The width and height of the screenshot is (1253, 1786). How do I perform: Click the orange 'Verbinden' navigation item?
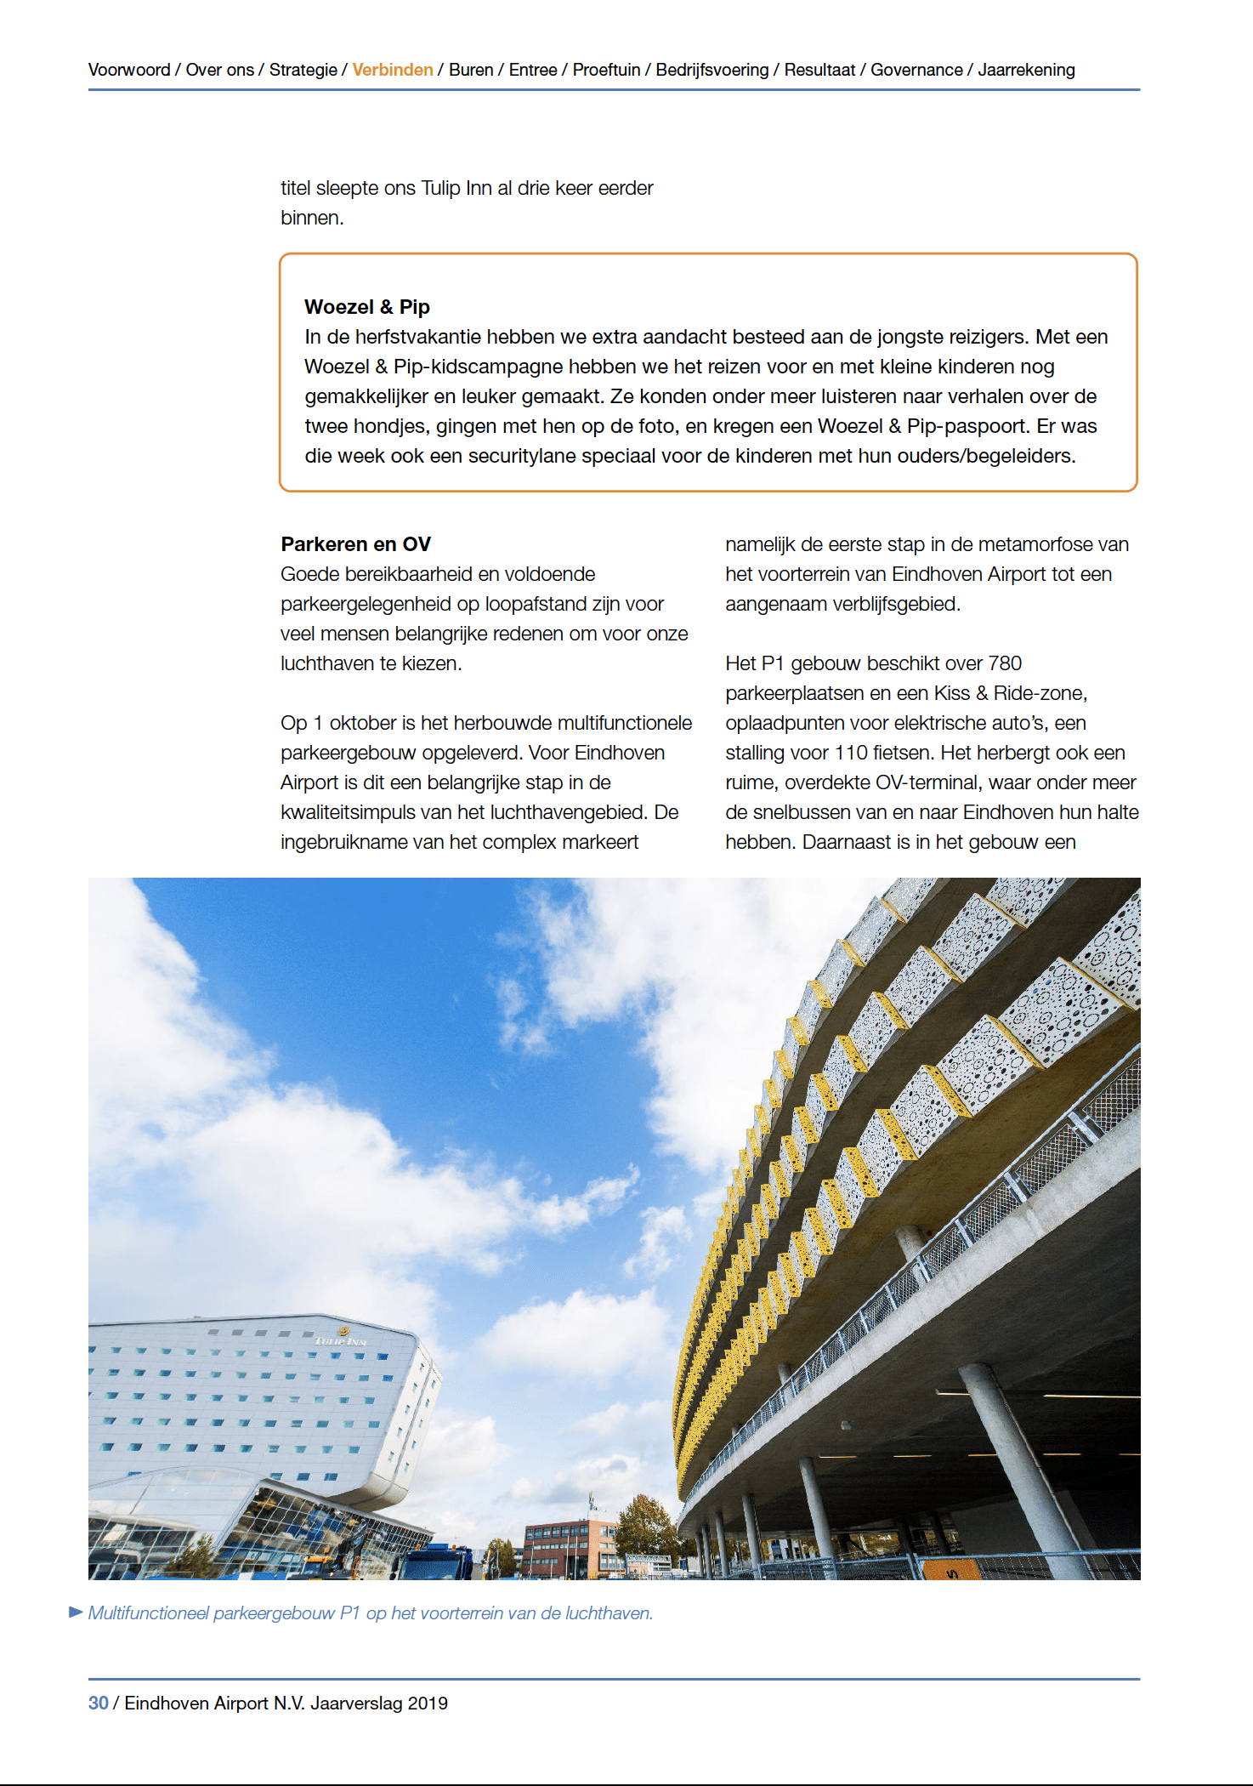coord(393,70)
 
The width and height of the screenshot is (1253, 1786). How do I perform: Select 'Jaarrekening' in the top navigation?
coord(1026,70)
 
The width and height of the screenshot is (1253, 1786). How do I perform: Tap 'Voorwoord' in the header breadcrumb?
coord(129,70)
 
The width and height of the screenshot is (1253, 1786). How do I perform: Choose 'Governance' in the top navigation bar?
coord(916,70)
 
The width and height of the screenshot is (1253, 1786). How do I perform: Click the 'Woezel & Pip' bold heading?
coord(367,307)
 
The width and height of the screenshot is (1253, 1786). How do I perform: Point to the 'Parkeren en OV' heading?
coord(355,544)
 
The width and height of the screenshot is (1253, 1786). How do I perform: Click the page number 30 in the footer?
coord(99,1703)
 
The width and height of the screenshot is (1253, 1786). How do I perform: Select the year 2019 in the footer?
coord(428,1703)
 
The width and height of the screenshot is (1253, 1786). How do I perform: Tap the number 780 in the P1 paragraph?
coord(1005,663)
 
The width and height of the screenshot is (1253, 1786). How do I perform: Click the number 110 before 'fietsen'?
coord(851,753)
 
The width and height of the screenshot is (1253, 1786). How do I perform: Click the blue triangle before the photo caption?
coord(76,1612)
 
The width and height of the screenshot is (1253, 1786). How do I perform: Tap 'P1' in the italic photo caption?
coord(350,1613)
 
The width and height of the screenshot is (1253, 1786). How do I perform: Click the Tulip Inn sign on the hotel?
coord(341,1340)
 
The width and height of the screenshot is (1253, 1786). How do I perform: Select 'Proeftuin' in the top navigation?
coord(606,70)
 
